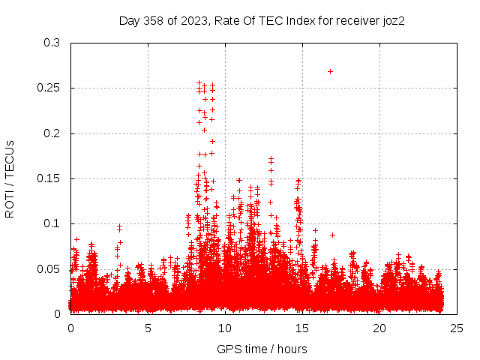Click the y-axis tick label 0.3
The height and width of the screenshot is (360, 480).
click(52, 43)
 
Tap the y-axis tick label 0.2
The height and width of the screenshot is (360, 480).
click(52, 133)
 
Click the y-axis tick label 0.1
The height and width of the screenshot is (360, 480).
click(52, 223)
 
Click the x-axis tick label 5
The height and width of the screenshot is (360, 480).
click(148, 328)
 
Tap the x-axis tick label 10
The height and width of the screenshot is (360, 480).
click(225, 328)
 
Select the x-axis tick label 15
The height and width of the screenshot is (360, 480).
click(302, 328)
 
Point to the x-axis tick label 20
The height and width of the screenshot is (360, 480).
click(379, 328)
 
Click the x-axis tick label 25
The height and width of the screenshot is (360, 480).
click(457, 328)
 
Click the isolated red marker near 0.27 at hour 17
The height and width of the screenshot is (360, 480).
click(330, 71)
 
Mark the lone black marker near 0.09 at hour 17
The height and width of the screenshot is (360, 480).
click(332, 235)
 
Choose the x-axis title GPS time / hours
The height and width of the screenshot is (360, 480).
click(262, 349)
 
